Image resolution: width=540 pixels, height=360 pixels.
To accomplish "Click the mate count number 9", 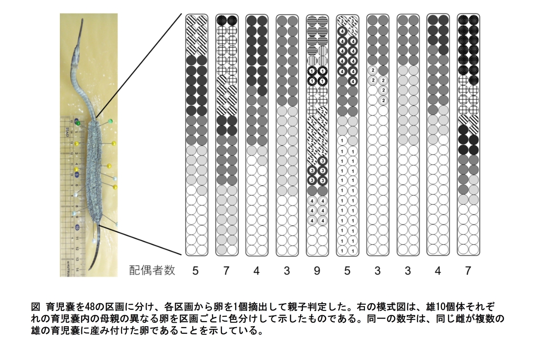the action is (x=317, y=271).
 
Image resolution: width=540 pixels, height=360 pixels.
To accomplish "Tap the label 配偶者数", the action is (x=152, y=270).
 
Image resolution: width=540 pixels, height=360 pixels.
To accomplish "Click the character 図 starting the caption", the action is (x=36, y=307).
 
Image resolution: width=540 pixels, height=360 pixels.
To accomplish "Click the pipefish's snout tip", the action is (x=82, y=19).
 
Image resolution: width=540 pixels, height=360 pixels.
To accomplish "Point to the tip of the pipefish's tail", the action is (x=90, y=270).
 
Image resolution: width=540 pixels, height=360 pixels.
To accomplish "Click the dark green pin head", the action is (x=78, y=123).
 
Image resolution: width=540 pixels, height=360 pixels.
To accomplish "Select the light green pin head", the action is (x=110, y=121).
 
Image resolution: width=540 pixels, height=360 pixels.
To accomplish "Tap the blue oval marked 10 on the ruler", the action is (x=77, y=227).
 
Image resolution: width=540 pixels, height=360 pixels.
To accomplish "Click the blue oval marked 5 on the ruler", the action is (x=76, y=175).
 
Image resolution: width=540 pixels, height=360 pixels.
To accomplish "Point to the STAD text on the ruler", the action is (x=67, y=132).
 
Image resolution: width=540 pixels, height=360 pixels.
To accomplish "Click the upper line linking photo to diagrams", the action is (x=139, y=66).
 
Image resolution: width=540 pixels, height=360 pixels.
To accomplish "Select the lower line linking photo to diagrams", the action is (x=140, y=240).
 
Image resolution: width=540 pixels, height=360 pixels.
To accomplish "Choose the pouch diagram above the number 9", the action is (x=317, y=135).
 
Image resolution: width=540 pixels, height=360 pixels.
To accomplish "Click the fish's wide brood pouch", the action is (x=93, y=171).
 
